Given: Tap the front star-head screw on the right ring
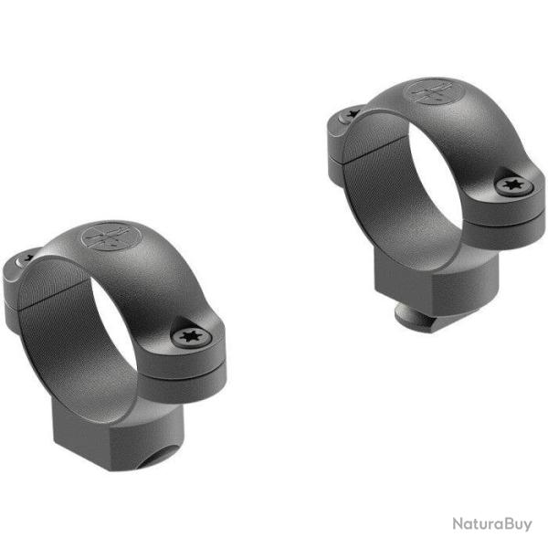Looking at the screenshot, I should pos(510,185).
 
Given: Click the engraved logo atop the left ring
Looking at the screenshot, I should pos(102,237).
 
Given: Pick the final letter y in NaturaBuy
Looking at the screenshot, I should pos(528,525).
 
